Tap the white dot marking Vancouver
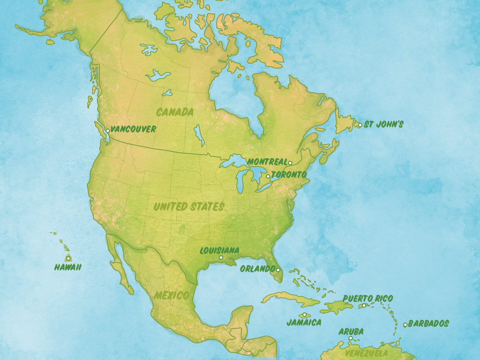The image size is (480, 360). tap(108, 131)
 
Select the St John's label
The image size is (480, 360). tap(384, 124)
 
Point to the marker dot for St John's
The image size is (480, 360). tap(360, 125)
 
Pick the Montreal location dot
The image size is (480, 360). tap(290, 163)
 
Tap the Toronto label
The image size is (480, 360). tap(288, 175)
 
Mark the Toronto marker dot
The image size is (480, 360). tap(268, 177)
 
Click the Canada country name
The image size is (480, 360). tap(175, 112)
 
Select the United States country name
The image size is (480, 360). tap(189, 207)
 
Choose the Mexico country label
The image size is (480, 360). tap(171, 295)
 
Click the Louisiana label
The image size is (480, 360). tap(219, 251)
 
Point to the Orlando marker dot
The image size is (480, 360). tap(278, 270)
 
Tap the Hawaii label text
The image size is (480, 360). tap(67, 268)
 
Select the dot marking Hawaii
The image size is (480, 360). tap(68, 258)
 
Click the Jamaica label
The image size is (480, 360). tap(304, 323)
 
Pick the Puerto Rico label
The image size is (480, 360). tap(368, 299)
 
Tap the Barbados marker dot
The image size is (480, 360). tap(405, 325)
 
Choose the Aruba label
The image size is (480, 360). tap(351, 331)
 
